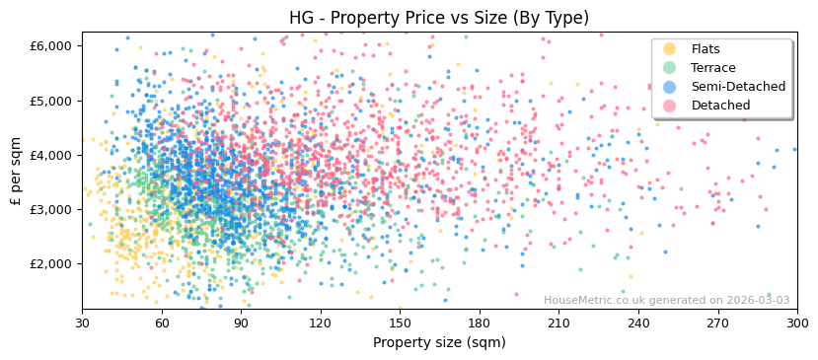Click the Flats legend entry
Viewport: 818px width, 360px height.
(x=706, y=49)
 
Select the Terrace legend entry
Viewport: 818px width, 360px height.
(x=712, y=68)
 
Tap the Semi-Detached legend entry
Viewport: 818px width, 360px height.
(x=738, y=87)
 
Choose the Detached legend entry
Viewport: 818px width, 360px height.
(x=720, y=106)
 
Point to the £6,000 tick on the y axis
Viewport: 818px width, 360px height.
(x=52, y=46)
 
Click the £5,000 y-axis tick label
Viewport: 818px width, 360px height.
(x=52, y=101)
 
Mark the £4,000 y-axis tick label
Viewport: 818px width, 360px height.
(x=52, y=155)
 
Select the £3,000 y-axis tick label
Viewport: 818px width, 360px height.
(x=52, y=209)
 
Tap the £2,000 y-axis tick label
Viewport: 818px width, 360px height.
(x=52, y=263)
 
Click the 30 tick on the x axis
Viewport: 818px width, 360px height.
(x=82, y=323)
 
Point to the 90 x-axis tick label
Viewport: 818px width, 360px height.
(x=241, y=323)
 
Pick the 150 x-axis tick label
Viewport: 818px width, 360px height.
(x=400, y=323)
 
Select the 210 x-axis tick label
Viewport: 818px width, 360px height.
(x=558, y=323)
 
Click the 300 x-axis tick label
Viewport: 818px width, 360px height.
(x=797, y=323)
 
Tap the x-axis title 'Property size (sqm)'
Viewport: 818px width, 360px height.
(x=439, y=343)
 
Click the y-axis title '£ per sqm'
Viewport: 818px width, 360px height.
(x=17, y=172)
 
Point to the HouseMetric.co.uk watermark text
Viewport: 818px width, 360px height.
(x=666, y=301)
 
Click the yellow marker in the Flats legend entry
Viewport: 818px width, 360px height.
(x=670, y=49)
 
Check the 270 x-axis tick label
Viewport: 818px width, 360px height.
(x=717, y=323)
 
